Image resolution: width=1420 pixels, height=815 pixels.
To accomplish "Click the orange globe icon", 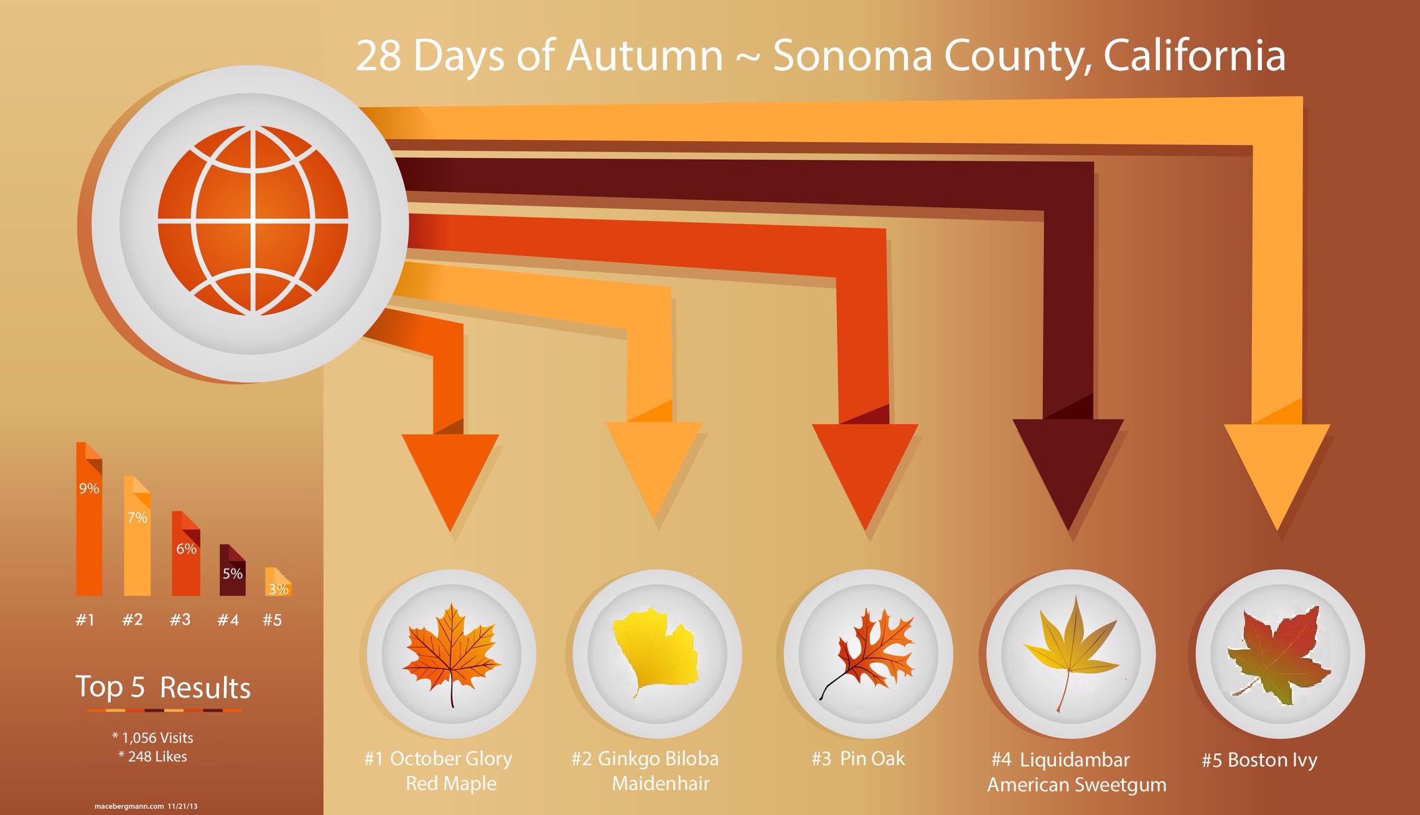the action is pyautogui.click(x=253, y=221).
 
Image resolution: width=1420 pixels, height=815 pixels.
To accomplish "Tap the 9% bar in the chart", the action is pyautogui.click(x=89, y=519).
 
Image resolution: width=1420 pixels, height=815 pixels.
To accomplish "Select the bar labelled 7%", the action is pyautogui.click(x=137, y=536).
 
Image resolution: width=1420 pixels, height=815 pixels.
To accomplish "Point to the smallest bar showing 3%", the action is pyautogui.click(x=278, y=582).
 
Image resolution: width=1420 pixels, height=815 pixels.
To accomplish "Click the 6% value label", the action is pyautogui.click(x=186, y=549).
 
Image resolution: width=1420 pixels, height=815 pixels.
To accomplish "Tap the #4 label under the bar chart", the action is pyautogui.click(x=228, y=620).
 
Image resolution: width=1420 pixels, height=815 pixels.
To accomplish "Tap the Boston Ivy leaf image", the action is pyautogui.click(x=1276, y=658).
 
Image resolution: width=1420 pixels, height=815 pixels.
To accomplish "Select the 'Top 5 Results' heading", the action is pyautogui.click(x=163, y=687).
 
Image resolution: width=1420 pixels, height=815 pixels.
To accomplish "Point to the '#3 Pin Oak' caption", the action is pyautogui.click(x=858, y=758).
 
